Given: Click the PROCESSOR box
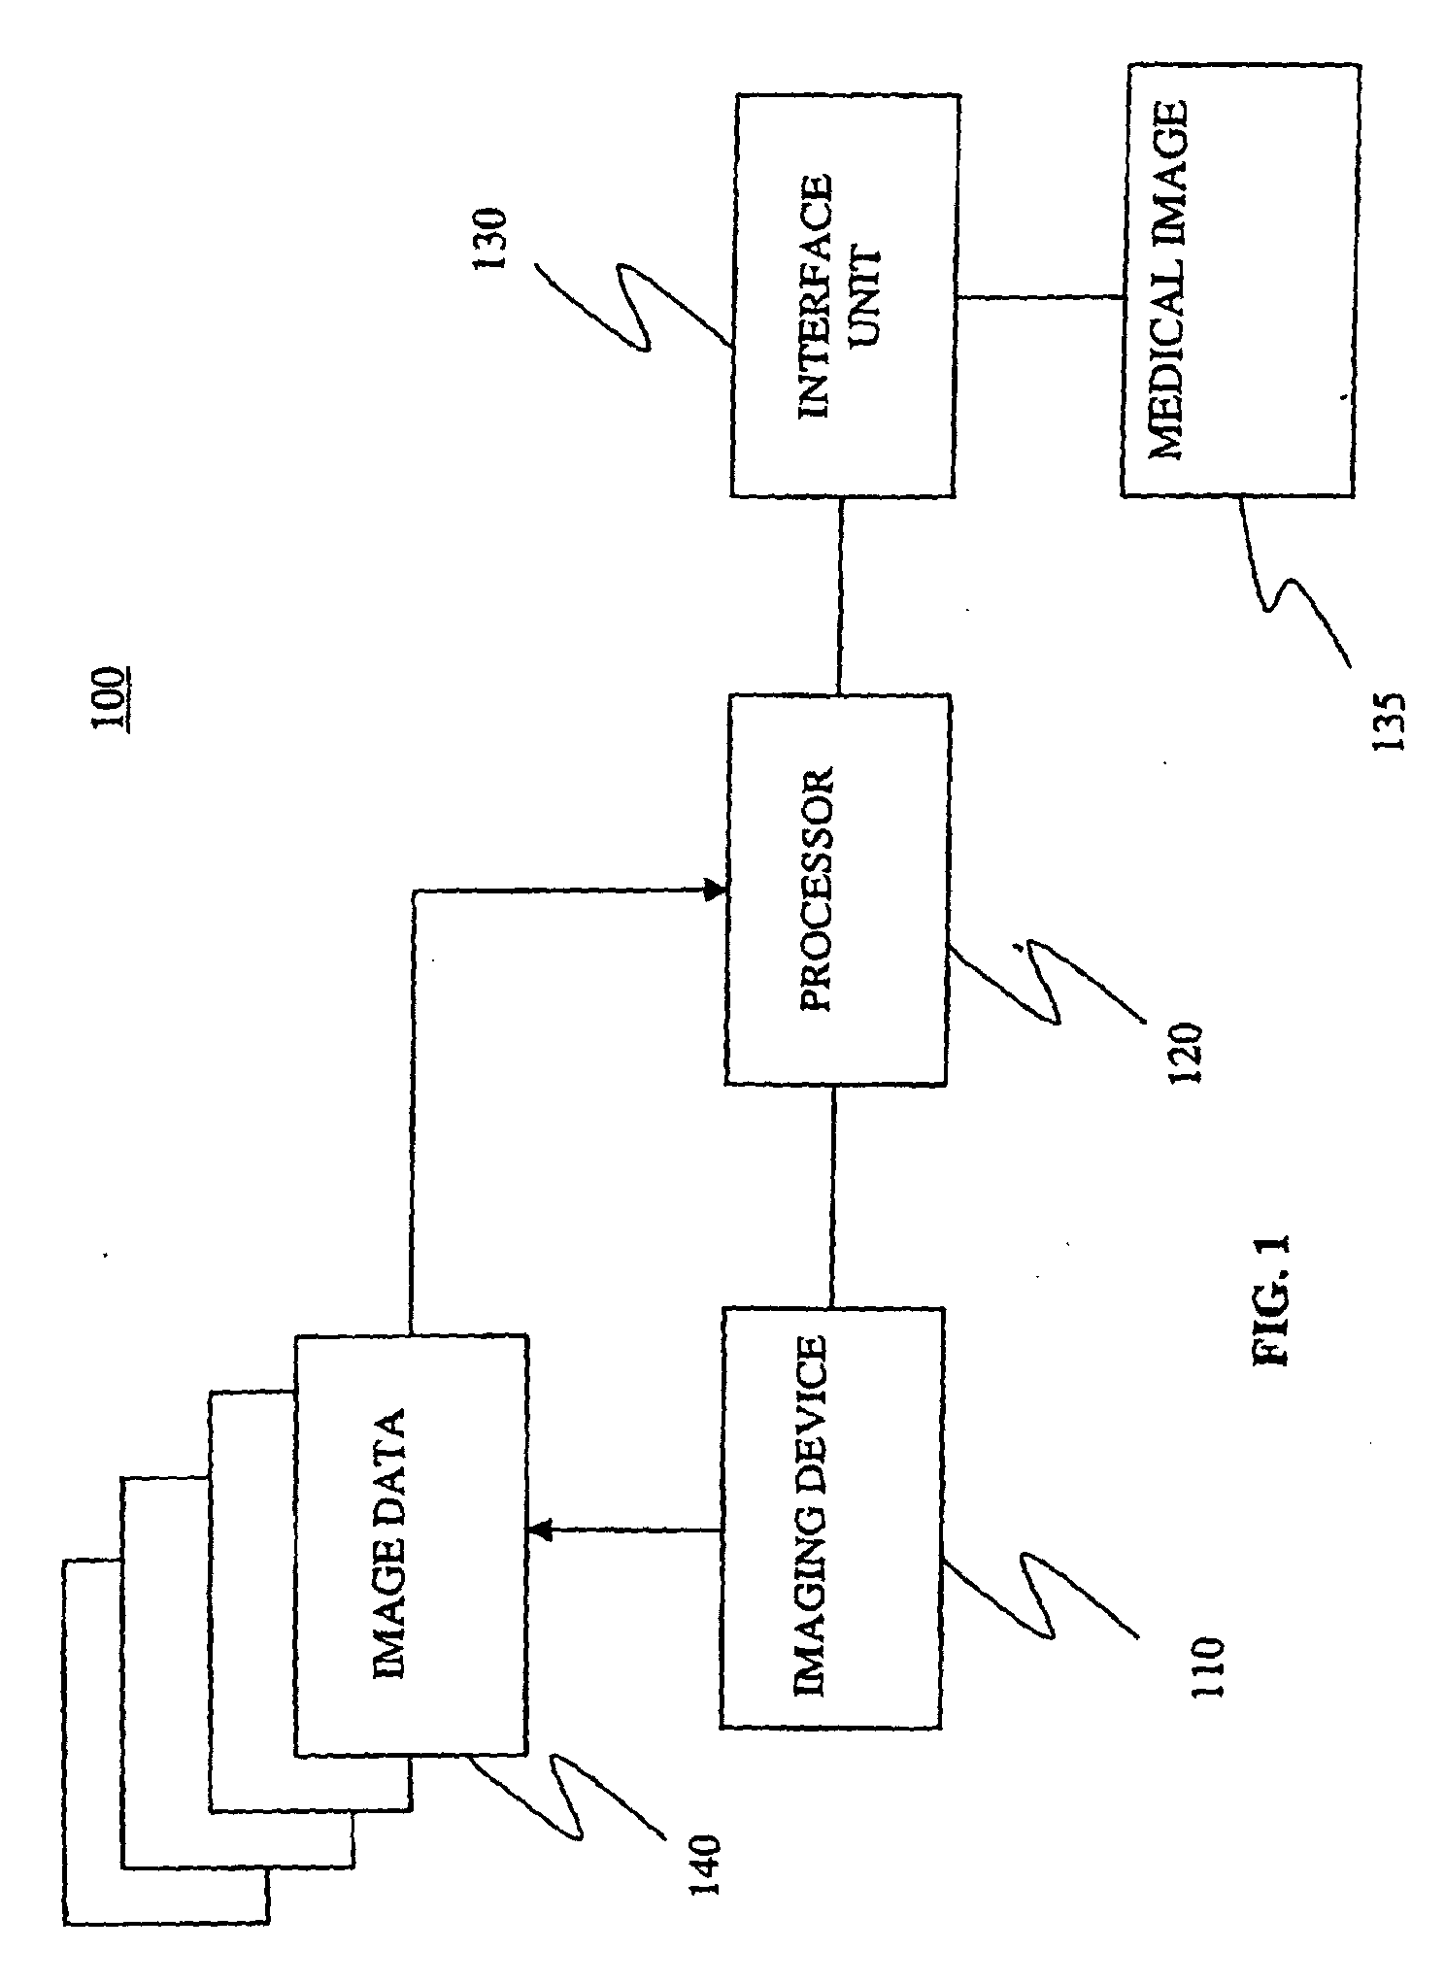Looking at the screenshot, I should click(x=836, y=889).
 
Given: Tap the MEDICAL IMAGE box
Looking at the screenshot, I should click(x=1237, y=281).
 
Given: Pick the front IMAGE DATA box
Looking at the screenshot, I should click(x=410, y=1544).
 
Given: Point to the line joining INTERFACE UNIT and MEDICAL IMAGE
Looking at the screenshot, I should click(x=1038, y=297).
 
